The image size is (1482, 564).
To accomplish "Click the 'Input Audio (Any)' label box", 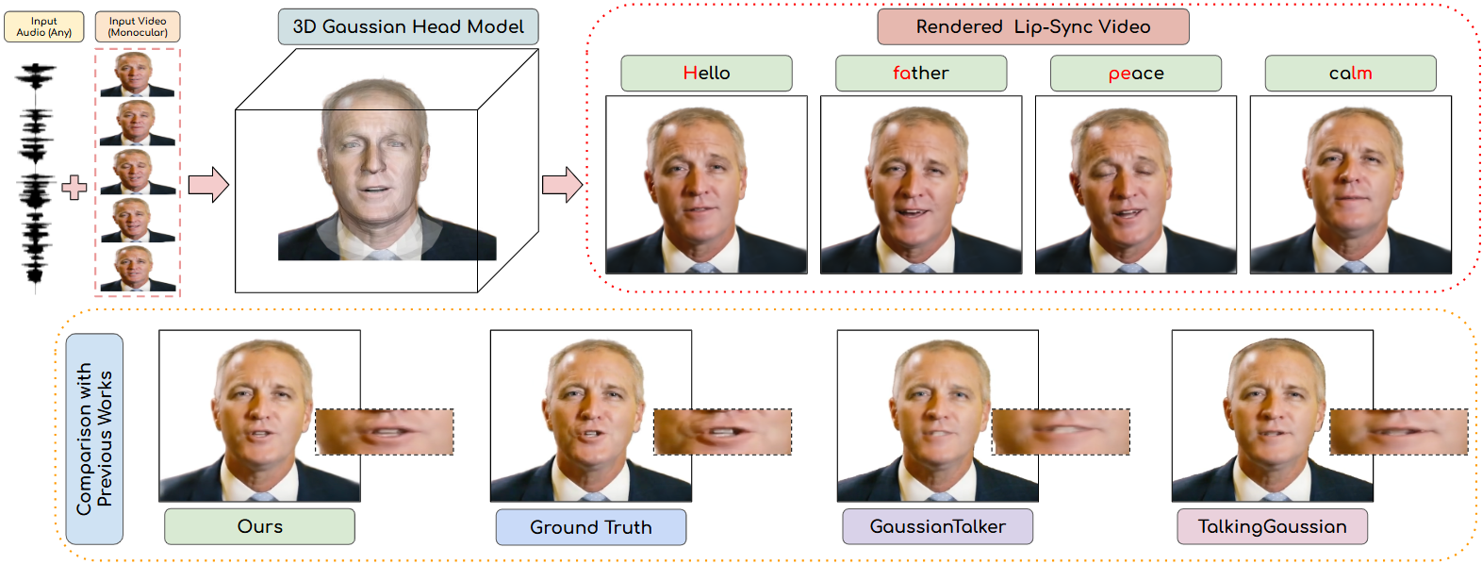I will (43, 26).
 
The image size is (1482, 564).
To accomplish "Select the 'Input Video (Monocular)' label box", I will (138, 26).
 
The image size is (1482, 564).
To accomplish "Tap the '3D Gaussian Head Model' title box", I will (408, 26).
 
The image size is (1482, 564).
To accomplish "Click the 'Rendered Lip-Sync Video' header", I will (1032, 26).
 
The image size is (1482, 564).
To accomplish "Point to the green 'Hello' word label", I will (706, 74).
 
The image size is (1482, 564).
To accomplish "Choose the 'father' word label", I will (921, 74).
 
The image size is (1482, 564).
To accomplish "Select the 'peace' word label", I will (1135, 74).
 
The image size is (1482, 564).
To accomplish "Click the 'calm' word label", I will (1350, 74).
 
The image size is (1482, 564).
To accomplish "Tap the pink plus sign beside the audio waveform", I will (74, 187).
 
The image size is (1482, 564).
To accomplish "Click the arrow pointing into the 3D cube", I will (208, 185).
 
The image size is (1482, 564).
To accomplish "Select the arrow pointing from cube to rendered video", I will (562, 185).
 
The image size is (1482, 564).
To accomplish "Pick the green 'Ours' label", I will (259, 526).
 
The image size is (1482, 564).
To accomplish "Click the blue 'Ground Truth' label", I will (591, 527).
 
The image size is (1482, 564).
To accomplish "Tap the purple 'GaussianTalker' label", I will (937, 526).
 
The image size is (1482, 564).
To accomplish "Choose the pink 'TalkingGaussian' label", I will (1272, 526).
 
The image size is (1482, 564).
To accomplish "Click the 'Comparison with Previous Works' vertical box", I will (94, 439).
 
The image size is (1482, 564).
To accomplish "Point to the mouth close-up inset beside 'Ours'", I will (385, 432).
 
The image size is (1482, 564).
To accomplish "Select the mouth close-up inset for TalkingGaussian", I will (1398, 432).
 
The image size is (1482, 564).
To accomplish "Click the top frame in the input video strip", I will (138, 75).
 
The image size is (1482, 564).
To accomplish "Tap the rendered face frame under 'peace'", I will (1135, 185).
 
